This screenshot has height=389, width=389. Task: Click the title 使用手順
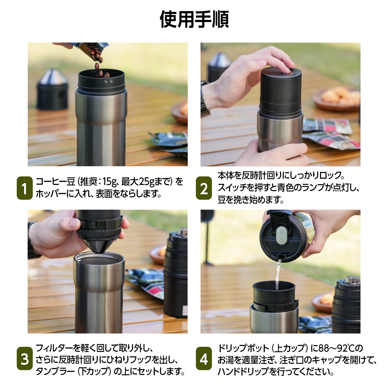point(195,19)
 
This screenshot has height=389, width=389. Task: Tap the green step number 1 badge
point(25,188)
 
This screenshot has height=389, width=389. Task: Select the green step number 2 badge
point(204,188)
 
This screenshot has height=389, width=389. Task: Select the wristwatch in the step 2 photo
point(205,99)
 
